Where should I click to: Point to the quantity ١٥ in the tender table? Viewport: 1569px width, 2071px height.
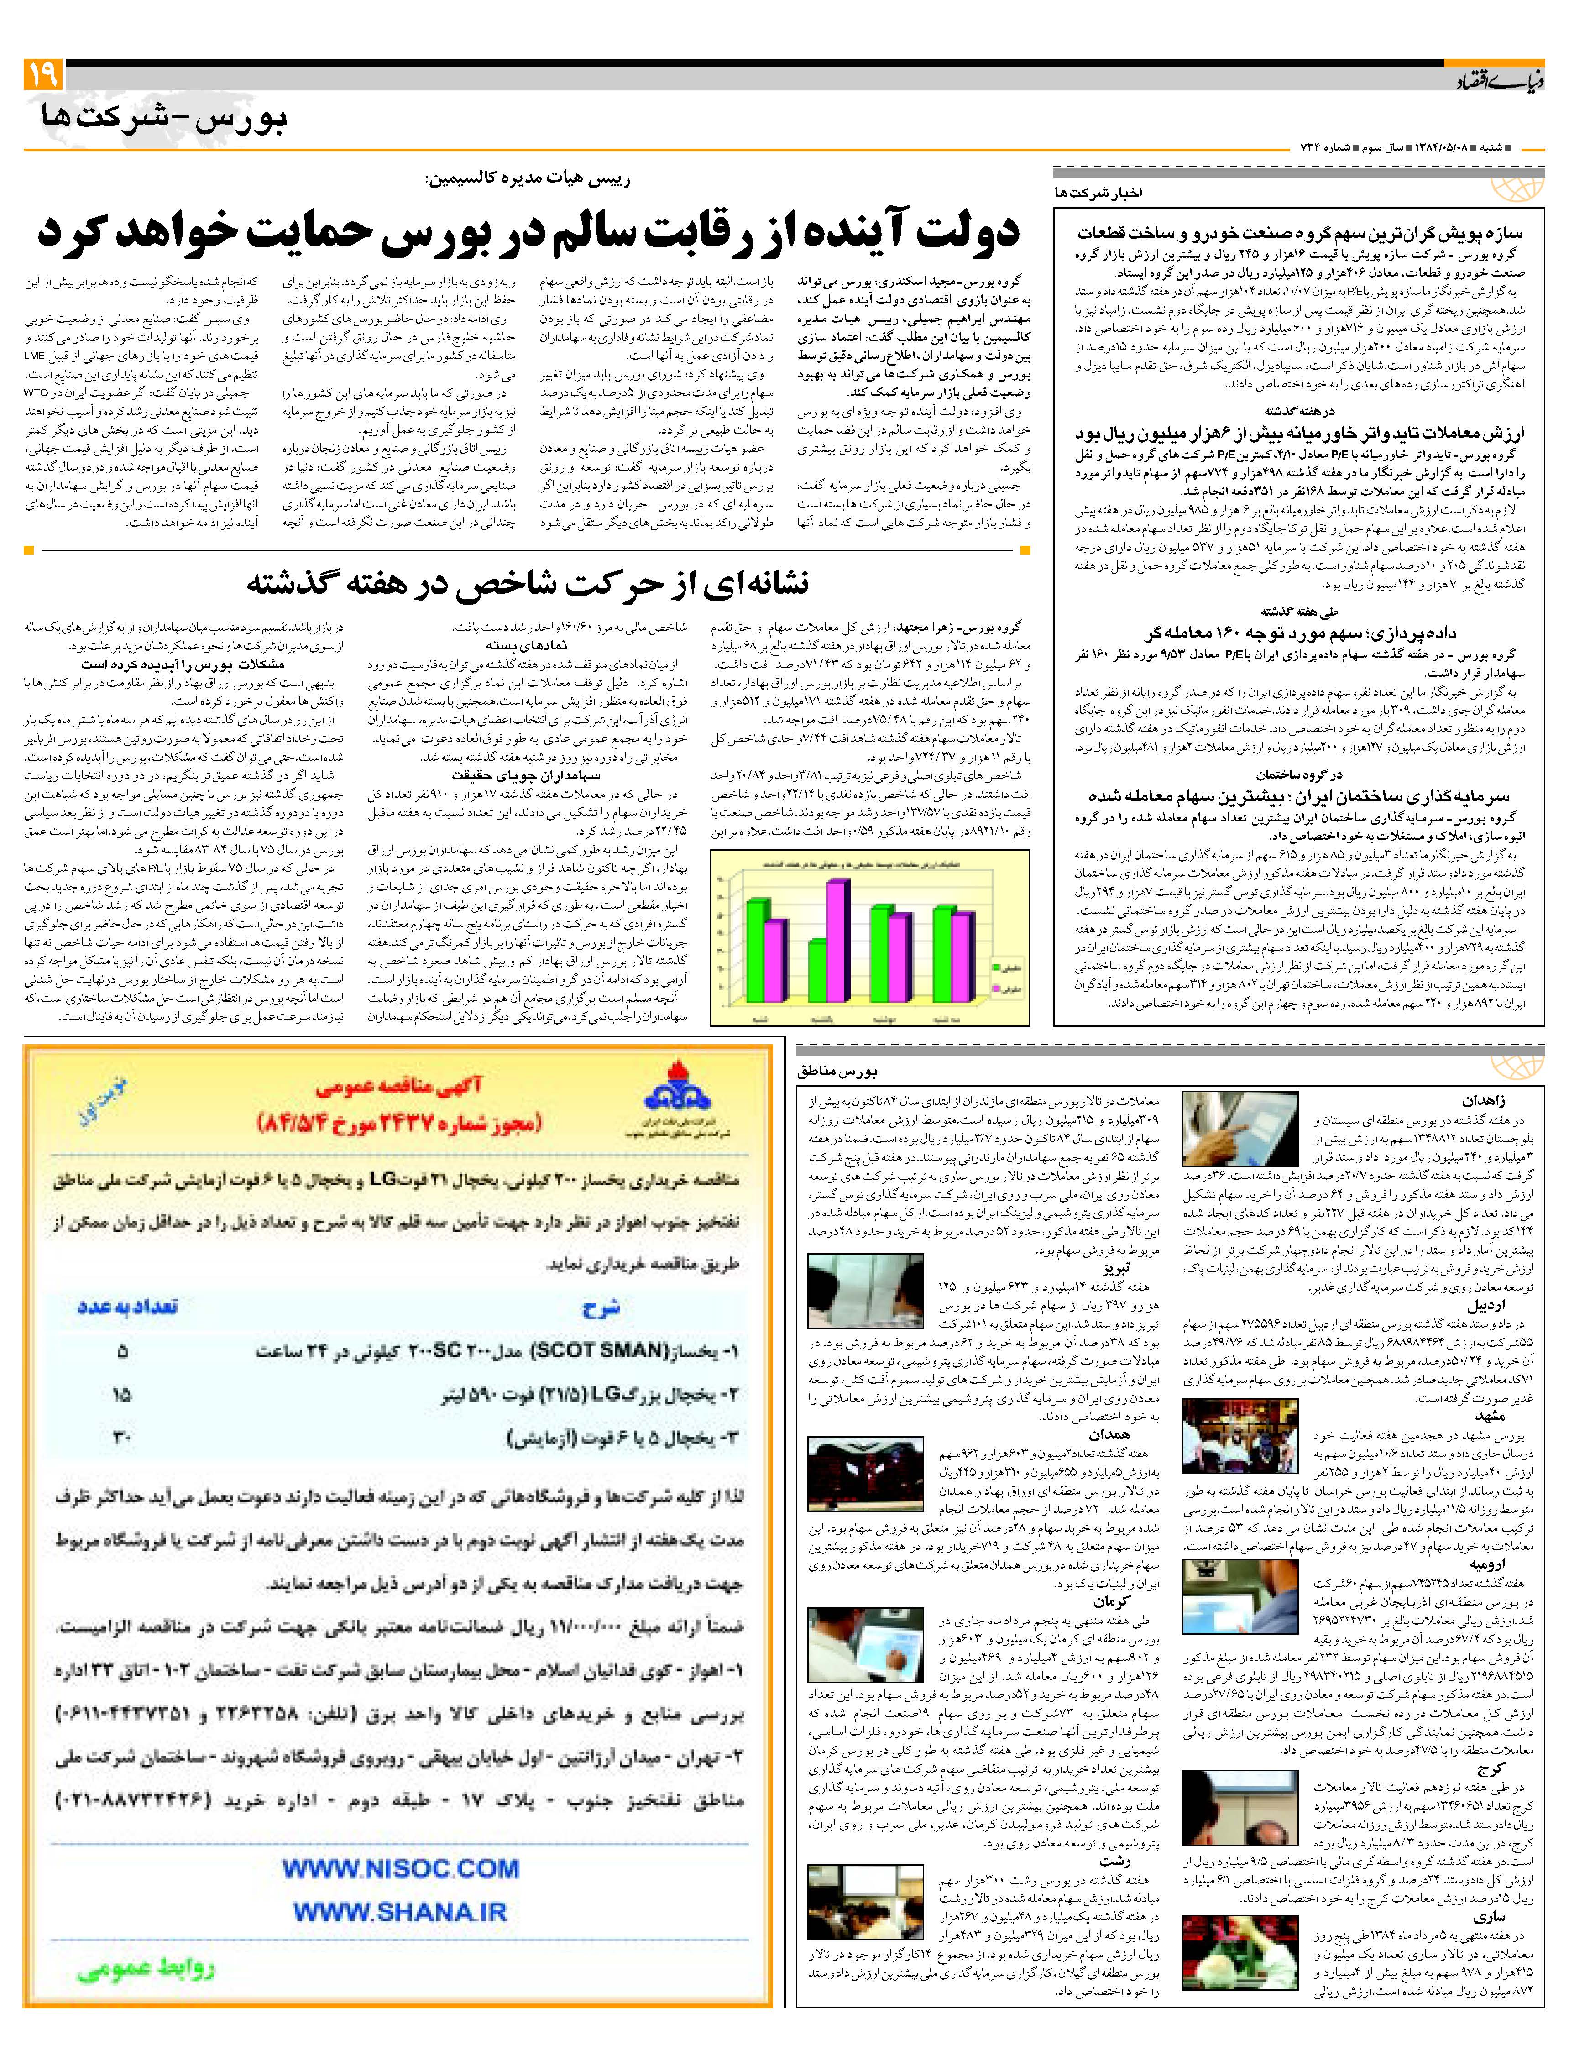tap(122, 1395)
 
